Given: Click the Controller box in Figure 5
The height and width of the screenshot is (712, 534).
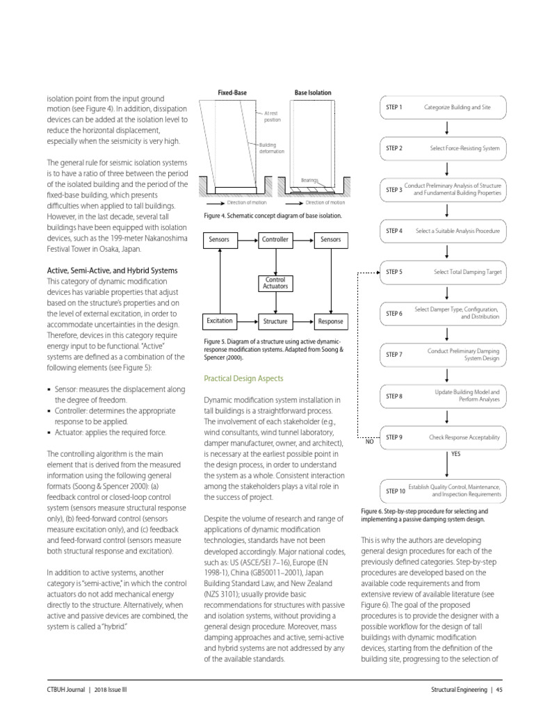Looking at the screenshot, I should click(x=275, y=240).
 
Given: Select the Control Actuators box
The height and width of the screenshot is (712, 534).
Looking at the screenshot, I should click(x=275, y=282).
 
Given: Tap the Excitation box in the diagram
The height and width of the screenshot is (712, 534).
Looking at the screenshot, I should click(x=219, y=321).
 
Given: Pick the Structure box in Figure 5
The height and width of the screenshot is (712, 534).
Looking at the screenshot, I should click(x=275, y=322).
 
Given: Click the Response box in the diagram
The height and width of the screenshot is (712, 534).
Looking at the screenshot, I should click(x=330, y=322).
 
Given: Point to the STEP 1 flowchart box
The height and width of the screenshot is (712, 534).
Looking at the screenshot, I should click(x=446, y=107).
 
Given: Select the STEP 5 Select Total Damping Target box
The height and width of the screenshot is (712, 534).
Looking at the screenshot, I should click(x=446, y=272).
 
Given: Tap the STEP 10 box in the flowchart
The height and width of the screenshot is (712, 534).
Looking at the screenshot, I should click(x=446, y=491).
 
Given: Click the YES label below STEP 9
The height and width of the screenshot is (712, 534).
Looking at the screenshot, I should click(x=456, y=453).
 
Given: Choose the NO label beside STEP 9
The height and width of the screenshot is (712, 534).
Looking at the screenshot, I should click(x=369, y=442).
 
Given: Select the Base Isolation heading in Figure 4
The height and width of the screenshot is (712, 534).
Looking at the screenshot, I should click(x=313, y=92).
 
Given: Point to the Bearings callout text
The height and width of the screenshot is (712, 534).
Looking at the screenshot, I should click(x=309, y=179).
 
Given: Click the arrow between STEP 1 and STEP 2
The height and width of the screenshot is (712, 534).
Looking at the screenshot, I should click(x=446, y=128).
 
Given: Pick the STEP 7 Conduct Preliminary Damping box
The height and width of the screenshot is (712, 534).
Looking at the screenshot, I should click(x=446, y=355).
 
